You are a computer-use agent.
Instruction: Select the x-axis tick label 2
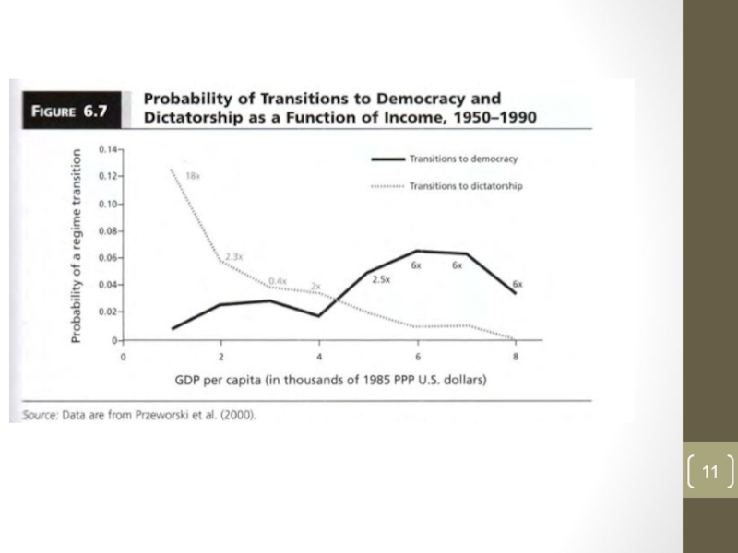220,356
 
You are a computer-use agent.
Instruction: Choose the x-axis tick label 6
418,356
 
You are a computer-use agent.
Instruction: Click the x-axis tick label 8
517,356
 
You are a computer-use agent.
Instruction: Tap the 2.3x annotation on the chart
233,255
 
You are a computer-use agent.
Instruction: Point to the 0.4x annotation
277,280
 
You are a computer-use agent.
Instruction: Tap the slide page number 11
708,473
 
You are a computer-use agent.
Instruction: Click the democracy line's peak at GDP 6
418,251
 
